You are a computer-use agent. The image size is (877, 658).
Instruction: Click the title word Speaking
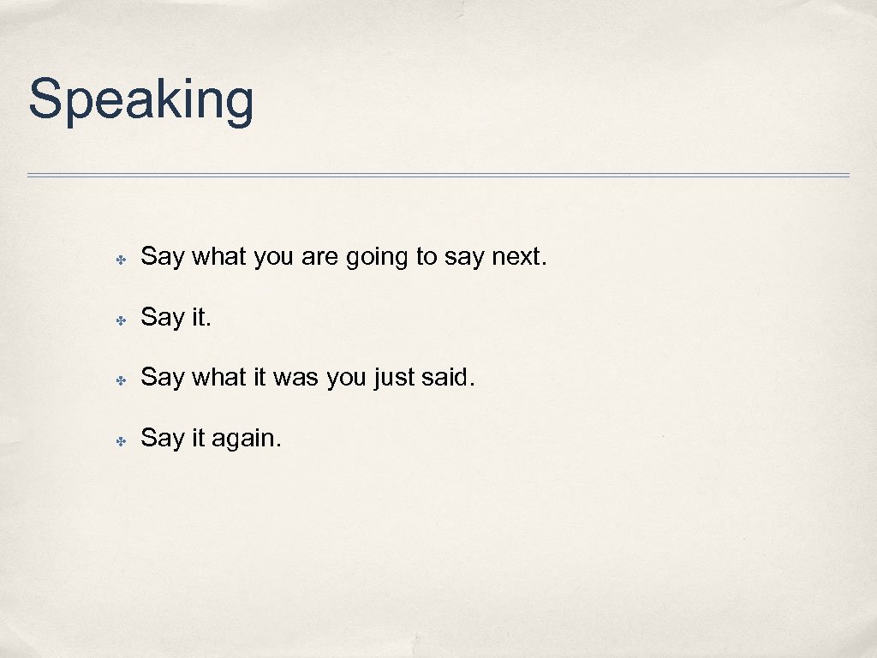[x=141, y=101]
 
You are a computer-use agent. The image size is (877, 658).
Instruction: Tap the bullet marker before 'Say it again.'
[x=122, y=440]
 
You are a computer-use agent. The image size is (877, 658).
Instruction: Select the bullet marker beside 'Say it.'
[x=122, y=320]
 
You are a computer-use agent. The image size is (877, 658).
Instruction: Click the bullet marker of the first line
[x=122, y=259]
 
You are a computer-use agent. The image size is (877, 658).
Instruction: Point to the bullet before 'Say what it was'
[x=122, y=380]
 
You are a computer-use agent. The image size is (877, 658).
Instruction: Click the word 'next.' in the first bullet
[x=519, y=256]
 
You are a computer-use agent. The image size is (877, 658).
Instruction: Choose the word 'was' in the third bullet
[x=295, y=377]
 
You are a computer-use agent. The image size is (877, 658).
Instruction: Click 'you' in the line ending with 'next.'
[x=273, y=258]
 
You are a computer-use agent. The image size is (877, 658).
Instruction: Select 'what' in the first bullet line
[x=219, y=256]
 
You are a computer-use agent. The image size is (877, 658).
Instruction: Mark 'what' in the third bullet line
[x=219, y=377]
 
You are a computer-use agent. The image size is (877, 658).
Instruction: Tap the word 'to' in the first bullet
[x=427, y=256]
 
